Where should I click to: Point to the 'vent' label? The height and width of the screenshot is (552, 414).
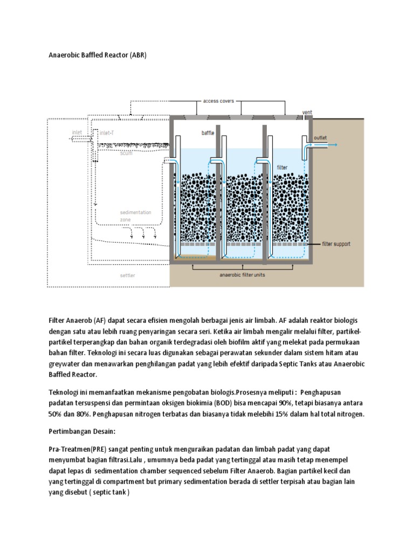(307, 112)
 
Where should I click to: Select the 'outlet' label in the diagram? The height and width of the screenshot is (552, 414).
(320, 137)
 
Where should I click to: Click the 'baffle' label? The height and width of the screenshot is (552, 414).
(208, 133)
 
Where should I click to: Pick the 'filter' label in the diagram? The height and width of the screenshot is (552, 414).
(282, 167)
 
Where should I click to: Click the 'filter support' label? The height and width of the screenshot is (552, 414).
(336, 244)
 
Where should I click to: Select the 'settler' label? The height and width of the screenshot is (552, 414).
(128, 275)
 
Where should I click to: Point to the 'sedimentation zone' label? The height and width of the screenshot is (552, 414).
(135, 216)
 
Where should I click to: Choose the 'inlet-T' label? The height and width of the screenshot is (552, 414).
(107, 132)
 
